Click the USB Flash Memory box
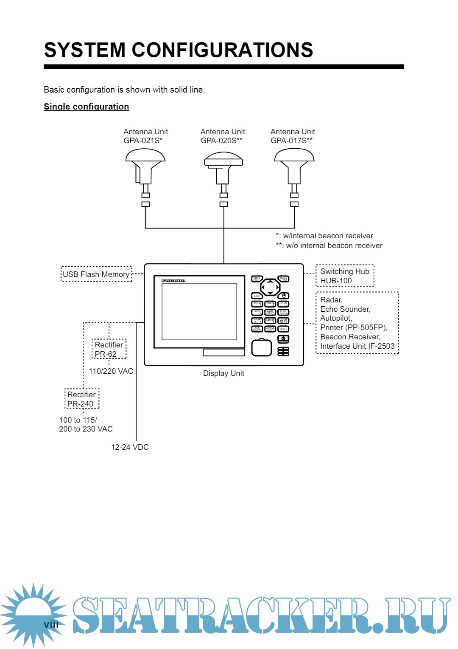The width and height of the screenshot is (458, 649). point(96,274)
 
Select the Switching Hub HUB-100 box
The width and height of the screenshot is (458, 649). point(345,276)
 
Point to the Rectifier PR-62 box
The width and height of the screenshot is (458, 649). point(109,349)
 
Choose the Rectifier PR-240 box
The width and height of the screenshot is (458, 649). point(82,399)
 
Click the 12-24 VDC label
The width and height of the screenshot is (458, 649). point(130,447)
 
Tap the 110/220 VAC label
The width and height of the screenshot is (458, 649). point(111,371)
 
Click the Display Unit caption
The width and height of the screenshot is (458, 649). point(223,373)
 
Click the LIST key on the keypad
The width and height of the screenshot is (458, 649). point(257,296)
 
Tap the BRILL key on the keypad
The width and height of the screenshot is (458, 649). point(284,329)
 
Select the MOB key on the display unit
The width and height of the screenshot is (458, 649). point(257,312)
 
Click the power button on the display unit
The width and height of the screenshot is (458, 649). point(283,339)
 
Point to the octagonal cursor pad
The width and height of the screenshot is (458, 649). point(270,287)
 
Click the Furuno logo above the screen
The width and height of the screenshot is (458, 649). point(173,281)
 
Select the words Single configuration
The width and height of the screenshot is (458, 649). point(87,107)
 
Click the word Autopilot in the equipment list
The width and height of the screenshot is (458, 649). point(336,318)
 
